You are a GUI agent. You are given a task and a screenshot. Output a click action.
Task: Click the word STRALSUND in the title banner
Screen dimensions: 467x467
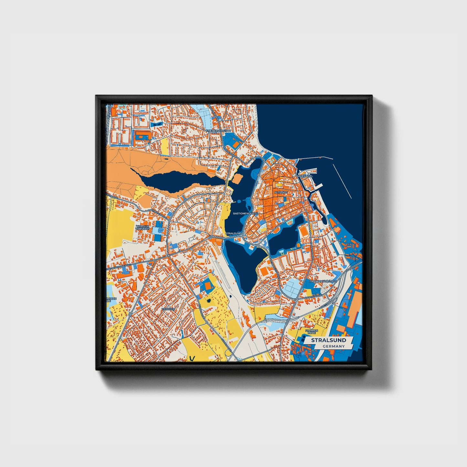(328, 340)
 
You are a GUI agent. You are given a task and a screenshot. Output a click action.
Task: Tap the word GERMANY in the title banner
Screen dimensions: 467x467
(333, 346)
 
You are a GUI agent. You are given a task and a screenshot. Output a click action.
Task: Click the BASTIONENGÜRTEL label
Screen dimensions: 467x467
(246, 214)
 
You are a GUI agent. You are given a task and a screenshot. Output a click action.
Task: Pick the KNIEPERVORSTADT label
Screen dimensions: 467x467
(218, 131)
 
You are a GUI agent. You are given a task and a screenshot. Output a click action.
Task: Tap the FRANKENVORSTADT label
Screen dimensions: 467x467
(323, 281)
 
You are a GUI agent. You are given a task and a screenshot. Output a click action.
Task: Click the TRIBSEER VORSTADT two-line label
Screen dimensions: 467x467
(143, 228)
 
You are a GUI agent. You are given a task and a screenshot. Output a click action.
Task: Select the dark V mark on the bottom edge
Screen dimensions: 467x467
(193, 358)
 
